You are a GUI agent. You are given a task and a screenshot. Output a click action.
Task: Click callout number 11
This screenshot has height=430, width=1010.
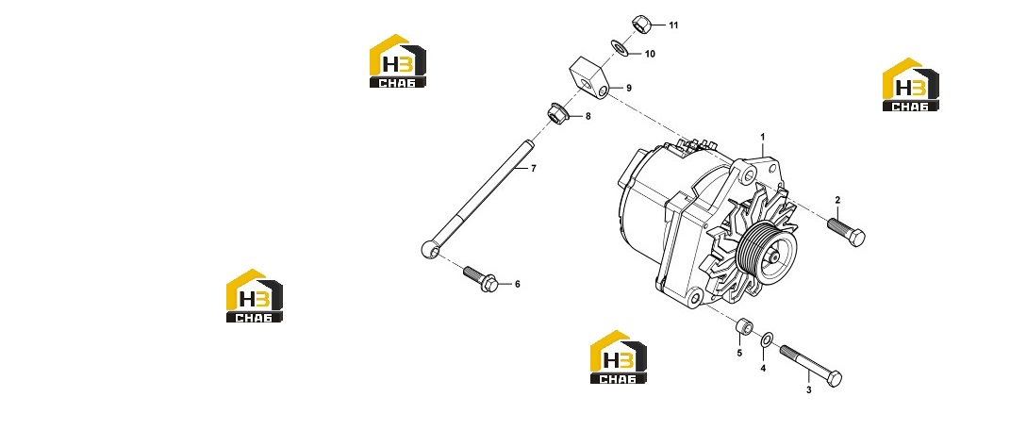point(673,25)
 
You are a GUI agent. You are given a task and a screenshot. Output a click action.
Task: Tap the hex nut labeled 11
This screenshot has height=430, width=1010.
point(641,24)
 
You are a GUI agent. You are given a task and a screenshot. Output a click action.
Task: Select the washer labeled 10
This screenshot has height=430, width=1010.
point(620,47)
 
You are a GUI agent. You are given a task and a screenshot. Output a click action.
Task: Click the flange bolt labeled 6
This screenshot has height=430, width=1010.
point(480,279)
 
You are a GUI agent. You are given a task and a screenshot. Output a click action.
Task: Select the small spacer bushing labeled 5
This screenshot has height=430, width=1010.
point(745,325)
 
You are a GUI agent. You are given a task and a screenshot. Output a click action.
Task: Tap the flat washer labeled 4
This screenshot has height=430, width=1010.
point(767,339)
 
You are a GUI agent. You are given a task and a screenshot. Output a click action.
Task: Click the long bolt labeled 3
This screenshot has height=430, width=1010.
point(810,365)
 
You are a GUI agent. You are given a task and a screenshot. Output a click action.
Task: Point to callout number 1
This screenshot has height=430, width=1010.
point(763,137)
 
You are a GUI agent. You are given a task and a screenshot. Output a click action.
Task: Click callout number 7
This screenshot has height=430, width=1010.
point(534,169)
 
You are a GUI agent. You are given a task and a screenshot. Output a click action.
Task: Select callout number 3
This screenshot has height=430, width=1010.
point(809,390)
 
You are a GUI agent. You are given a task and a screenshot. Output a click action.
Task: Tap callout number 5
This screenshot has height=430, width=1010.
point(739,354)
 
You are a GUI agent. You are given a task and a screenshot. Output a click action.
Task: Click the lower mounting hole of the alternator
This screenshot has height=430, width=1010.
point(694,298)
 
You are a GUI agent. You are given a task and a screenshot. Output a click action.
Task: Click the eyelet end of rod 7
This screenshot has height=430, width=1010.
point(429,247)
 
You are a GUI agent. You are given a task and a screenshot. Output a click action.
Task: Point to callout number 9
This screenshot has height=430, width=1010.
point(629,88)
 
